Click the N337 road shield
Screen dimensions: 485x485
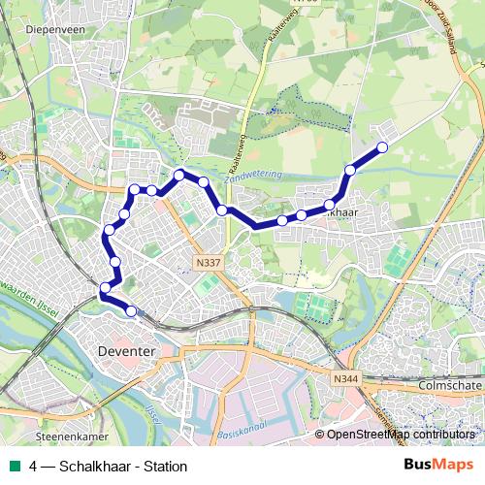coord(207,261)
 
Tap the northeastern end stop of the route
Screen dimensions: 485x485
coord(382,147)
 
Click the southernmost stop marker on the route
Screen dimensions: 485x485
coord(131,310)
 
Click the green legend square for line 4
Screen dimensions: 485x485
coord(14,466)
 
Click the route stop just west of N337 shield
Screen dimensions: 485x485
coord(115,262)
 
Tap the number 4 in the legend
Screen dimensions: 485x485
coord(34,466)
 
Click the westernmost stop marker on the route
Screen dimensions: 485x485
coord(105,286)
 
